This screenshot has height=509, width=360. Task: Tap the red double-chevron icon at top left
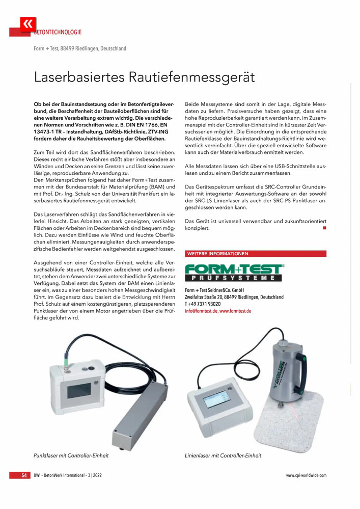tap(26, 23)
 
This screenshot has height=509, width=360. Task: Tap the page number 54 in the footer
tap(24, 475)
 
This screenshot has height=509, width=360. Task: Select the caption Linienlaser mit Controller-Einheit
tap(223, 454)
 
